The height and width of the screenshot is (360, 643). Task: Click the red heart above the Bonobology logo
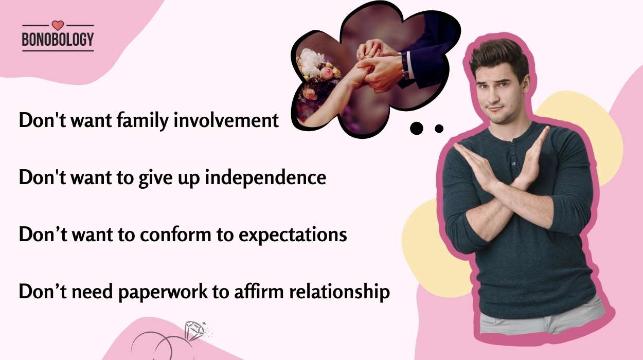tap(58, 25)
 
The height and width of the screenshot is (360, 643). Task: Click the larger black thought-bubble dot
tap(417, 128)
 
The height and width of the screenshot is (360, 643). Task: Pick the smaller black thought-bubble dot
tap(439, 129)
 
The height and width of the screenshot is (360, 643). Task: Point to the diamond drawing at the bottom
tap(194, 331)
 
